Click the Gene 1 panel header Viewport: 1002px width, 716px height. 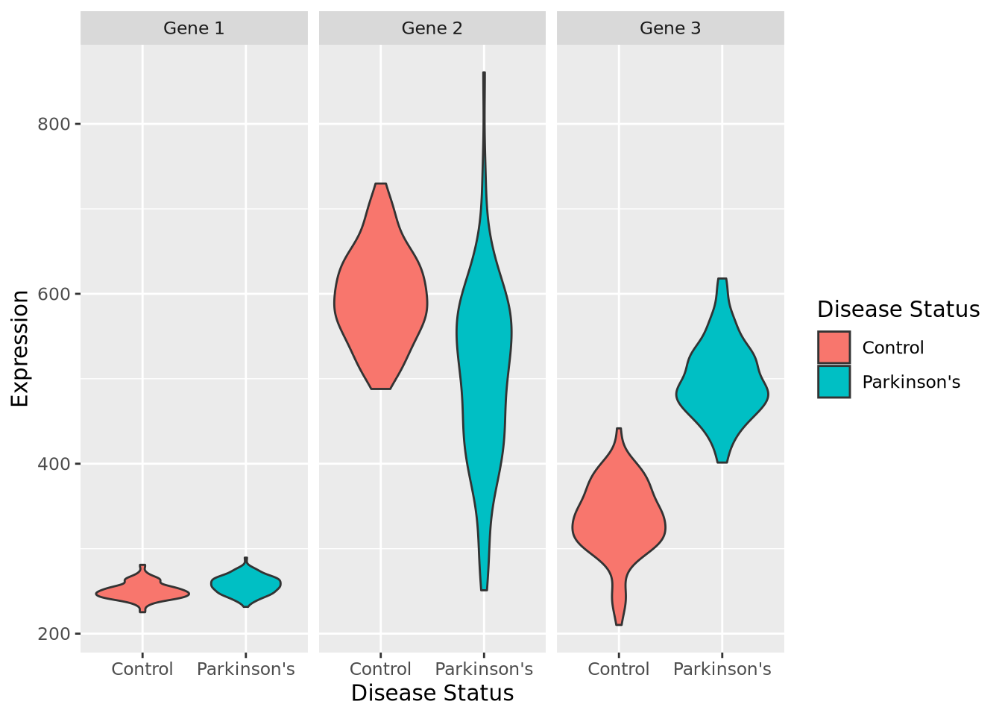coord(194,28)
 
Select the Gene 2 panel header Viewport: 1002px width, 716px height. coord(432,28)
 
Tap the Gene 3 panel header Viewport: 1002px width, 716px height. coord(670,28)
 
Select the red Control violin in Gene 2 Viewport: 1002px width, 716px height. coord(381,306)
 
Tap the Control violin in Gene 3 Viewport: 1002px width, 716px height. coord(619,522)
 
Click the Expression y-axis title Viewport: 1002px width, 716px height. coord(20,348)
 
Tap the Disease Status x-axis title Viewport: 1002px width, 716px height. coord(432,693)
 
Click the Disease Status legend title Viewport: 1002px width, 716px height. coord(898,310)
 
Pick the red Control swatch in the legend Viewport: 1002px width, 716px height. coord(834,348)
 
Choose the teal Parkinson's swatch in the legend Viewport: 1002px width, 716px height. coord(834,382)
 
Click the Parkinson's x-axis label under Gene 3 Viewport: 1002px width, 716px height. coord(722,669)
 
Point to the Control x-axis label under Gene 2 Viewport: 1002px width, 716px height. coord(380,669)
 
